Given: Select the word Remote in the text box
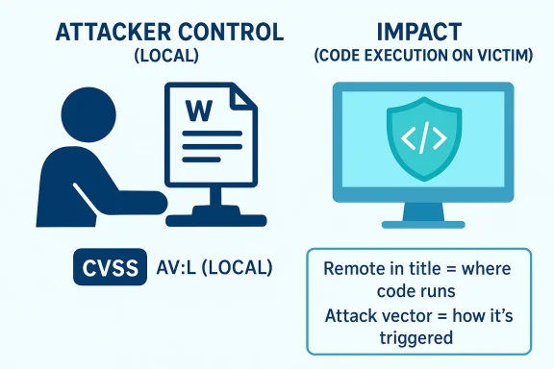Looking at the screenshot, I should coord(355,270).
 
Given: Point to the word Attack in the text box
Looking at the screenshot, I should coord(353,317).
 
